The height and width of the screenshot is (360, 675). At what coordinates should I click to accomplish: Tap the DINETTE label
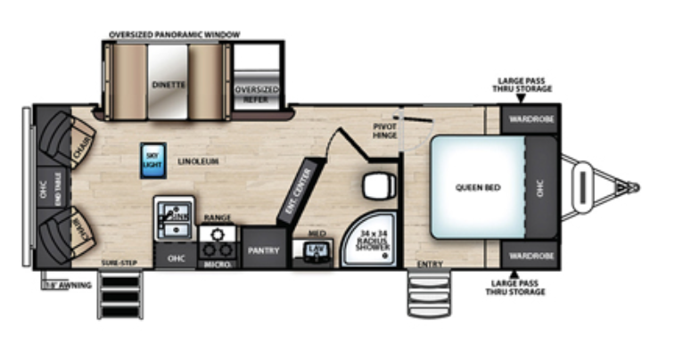[168, 84]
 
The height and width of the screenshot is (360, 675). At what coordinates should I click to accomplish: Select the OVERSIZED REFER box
[257, 94]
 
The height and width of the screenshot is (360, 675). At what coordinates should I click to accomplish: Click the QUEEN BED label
[476, 187]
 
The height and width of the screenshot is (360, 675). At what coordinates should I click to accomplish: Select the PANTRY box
[263, 250]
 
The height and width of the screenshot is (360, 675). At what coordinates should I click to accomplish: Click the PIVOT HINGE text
[384, 132]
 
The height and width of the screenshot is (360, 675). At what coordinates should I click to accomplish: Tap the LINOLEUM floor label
[198, 161]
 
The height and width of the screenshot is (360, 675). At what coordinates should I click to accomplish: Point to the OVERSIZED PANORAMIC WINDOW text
[174, 35]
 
